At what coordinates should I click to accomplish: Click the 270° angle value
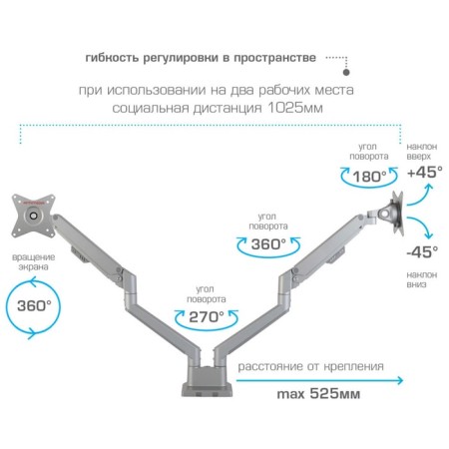click(207, 317)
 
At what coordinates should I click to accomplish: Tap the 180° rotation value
click(369, 177)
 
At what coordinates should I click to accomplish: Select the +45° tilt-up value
click(425, 172)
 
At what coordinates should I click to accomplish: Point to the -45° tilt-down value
click(422, 251)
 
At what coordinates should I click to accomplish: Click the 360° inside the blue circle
click(34, 305)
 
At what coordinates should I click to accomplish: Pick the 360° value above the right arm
click(268, 244)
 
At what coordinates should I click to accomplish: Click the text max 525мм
click(318, 394)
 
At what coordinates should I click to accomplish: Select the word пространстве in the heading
click(274, 58)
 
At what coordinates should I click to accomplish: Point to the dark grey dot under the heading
click(346, 72)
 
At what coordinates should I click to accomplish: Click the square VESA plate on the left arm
click(33, 216)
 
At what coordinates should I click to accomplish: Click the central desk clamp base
click(208, 381)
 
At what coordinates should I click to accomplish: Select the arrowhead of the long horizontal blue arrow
click(400, 380)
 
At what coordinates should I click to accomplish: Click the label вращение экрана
click(34, 261)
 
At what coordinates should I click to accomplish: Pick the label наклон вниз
click(421, 279)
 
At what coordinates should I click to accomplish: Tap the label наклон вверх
click(422, 152)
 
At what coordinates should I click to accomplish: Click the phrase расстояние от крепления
click(310, 366)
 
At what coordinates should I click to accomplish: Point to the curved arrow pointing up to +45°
click(421, 198)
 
